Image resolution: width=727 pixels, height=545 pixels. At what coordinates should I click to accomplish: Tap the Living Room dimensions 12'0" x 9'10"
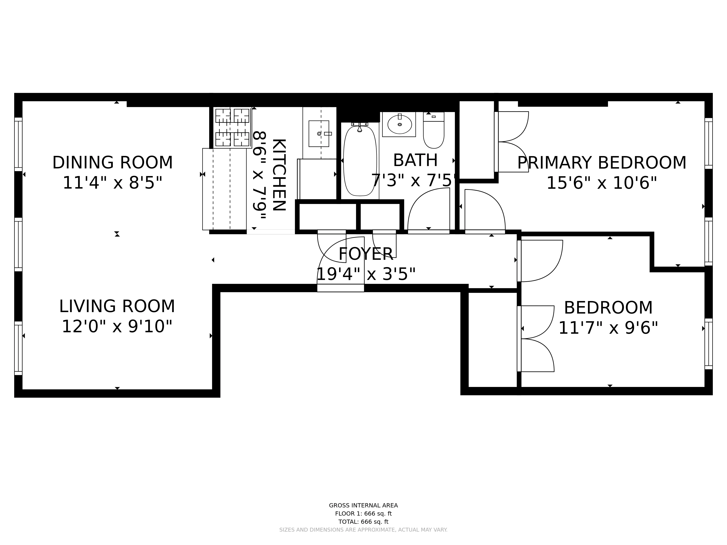tap(117, 326)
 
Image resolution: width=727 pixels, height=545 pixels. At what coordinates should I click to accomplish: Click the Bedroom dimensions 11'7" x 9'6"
tap(608, 328)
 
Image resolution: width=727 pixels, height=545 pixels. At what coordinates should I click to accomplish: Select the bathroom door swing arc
tap(427, 210)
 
